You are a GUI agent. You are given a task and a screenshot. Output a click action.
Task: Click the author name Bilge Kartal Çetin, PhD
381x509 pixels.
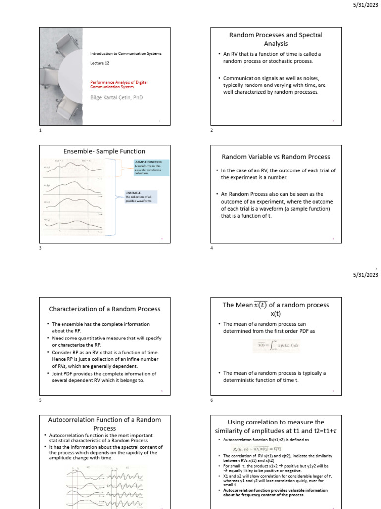tap(116, 98)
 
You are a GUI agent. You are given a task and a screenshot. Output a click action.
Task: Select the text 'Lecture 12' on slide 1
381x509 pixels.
tap(99, 63)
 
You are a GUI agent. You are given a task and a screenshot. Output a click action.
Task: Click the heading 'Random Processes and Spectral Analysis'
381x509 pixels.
tap(275, 39)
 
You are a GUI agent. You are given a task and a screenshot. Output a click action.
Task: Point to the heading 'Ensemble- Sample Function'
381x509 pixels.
tap(104, 151)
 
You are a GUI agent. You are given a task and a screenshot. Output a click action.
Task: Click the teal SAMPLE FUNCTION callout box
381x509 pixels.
tap(151, 168)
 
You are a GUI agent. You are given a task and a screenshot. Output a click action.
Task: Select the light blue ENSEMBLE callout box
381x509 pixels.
tap(140, 197)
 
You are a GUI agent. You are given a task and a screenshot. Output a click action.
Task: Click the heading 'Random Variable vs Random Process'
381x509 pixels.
tap(275, 157)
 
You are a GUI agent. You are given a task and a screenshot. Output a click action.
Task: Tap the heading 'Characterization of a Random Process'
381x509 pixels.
tap(104, 309)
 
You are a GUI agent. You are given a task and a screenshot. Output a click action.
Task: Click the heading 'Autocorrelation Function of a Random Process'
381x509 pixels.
tap(104, 424)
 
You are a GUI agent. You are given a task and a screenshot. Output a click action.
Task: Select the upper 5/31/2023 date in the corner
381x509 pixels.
tap(366, 5)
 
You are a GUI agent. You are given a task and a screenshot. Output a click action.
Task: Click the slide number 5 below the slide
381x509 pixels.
tap(41, 400)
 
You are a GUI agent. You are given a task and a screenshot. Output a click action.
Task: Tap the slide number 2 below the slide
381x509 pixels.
tap(212, 130)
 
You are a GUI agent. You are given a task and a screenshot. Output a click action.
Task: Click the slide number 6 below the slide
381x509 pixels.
tap(212, 400)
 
